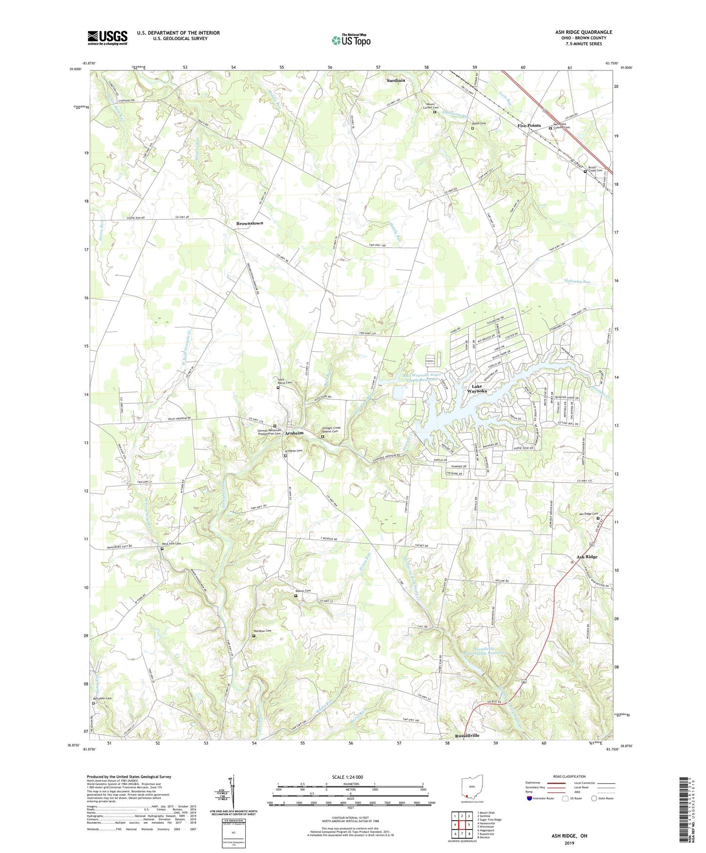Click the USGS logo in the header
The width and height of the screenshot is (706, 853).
[x=107, y=38]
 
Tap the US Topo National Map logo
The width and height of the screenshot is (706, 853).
[x=351, y=40]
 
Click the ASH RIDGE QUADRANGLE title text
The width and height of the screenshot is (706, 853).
[x=583, y=32]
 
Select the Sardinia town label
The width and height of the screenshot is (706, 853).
[x=396, y=81]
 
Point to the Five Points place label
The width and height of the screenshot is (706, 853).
[x=529, y=126]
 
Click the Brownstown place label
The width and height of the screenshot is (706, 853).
[x=250, y=223]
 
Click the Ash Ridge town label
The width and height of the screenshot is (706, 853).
[x=587, y=557]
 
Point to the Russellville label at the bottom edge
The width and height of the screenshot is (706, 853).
[x=467, y=735]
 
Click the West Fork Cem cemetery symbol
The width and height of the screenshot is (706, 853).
[x=162, y=549]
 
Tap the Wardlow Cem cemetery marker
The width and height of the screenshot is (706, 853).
[x=254, y=636]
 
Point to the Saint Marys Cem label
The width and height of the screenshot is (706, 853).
[x=282, y=383]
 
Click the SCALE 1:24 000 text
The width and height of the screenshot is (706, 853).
[x=347, y=777]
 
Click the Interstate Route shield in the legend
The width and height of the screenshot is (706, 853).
[x=530, y=798]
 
